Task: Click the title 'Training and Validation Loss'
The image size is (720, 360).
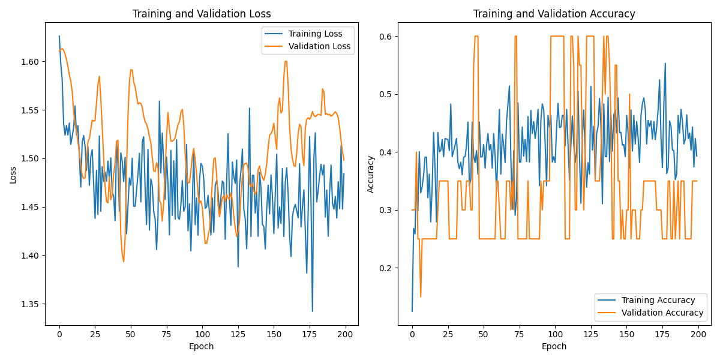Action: pos(202,14)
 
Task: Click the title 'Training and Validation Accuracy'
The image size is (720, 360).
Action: pos(554,14)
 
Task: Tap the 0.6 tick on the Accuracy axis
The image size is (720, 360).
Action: pos(385,36)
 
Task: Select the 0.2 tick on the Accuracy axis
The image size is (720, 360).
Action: pos(385,268)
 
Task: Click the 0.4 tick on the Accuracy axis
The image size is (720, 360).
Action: pos(385,152)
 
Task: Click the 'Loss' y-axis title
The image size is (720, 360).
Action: pos(13,174)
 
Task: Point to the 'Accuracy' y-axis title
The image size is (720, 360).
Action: pos(371,174)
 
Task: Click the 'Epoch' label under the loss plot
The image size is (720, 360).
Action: pos(202,346)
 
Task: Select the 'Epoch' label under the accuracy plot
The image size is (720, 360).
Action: pos(554,346)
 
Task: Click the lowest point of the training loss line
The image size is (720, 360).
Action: pos(312,311)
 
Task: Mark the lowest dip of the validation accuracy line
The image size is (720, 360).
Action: pos(420,296)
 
